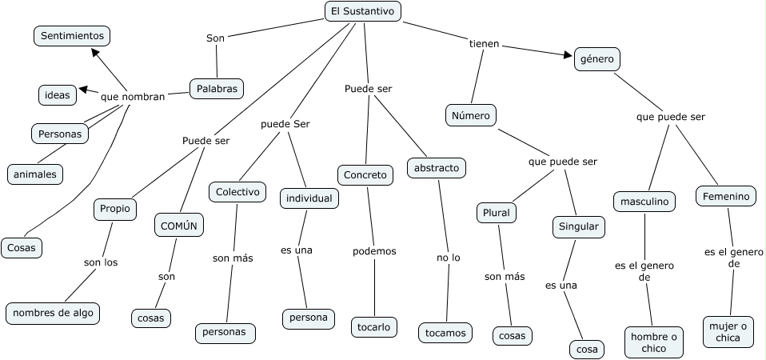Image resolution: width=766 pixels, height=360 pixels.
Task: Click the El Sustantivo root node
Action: point(363,10)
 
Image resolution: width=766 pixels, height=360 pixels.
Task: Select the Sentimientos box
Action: point(72,36)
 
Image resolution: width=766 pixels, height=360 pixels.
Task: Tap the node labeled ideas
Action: point(58,95)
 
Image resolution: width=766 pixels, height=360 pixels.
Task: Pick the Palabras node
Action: point(216,89)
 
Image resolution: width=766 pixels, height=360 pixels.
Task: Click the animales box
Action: point(35,173)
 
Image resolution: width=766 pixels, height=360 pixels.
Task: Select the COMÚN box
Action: point(178,226)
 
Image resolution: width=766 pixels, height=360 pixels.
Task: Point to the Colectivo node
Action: point(237,192)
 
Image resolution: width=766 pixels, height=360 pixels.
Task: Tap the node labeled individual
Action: point(309,198)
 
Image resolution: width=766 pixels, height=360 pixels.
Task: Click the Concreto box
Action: point(365,175)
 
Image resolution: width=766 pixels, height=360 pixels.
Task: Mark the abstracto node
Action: point(437,168)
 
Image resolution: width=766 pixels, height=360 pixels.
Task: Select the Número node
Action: point(471,115)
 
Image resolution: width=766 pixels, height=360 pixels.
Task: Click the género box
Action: point(597,59)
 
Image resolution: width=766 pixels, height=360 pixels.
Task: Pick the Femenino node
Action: point(726,196)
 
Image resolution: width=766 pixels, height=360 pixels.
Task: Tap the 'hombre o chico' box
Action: point(653,342)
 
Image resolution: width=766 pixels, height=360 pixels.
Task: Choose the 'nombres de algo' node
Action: point(53,313)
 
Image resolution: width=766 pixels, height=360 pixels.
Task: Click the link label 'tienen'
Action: point(484,44)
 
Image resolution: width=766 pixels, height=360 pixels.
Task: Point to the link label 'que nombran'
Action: point(133,97)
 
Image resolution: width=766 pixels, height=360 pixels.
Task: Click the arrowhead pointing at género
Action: point(569,55)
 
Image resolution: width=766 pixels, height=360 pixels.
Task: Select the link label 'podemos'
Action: point(374,251)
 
